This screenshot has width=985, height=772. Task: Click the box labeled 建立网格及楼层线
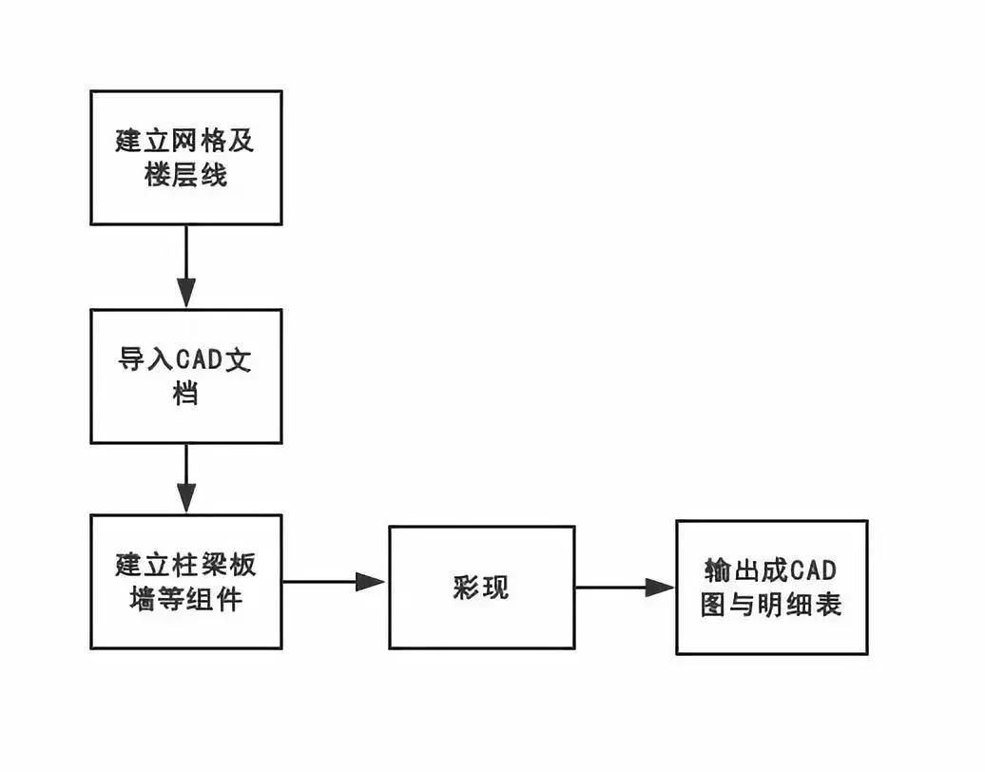pos(186,158)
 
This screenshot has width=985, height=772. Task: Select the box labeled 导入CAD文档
pos(186,376)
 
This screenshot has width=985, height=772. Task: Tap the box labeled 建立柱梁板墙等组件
pos(186,582)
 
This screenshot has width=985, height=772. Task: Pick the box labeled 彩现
pos(481,588)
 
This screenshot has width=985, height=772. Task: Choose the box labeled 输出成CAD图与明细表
pos(771,588)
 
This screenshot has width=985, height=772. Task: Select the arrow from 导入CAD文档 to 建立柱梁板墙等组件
pos(186,479)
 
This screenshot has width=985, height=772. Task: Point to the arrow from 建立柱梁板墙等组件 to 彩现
pos(335,582)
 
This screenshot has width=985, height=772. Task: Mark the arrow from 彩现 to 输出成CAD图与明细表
pos(625,588)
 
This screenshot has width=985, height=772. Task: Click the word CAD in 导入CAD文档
pos(198,362)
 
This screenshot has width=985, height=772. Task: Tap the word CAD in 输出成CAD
pos(813,571)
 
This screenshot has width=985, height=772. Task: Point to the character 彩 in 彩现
pos(467,588)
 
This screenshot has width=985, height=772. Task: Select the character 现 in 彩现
pos(495,588)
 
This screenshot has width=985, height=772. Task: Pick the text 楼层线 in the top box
pos(186,175)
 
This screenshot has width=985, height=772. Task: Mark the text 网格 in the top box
pos(186,142)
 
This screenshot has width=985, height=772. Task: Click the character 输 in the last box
pos(716,571)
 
